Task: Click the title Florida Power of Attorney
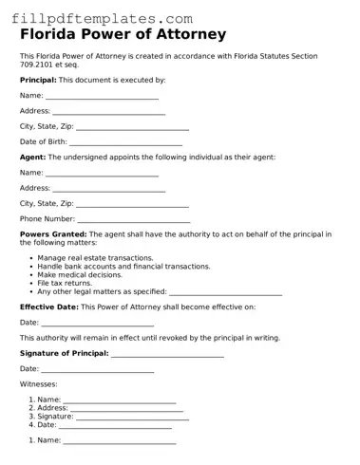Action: tap(123, 35)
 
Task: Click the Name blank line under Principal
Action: tap(102, 97)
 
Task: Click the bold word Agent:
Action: tap(32, 157)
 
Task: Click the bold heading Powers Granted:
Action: tap(53, 233)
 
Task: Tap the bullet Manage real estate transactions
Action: tap(95, 258)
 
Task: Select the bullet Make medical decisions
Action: tap(80, 274)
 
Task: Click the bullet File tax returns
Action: tap(65, 283)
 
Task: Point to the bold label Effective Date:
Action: tap(48, 307)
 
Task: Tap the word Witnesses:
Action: tap(38, 384)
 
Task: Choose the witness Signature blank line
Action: tap(132, 417)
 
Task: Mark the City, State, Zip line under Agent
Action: tap(132, 204)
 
